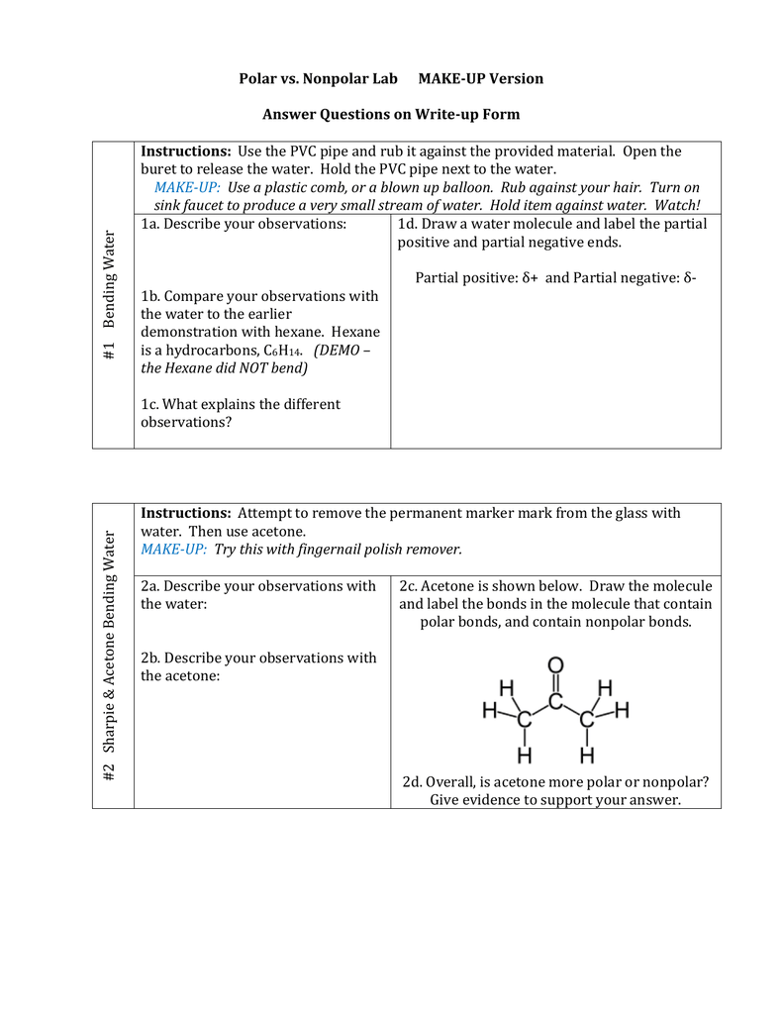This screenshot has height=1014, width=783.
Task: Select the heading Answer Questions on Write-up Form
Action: coord(391,114)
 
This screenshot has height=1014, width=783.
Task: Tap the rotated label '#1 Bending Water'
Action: coord(110,295)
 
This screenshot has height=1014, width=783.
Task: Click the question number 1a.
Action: coord(150,224)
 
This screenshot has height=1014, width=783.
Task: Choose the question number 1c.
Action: coord(150,404)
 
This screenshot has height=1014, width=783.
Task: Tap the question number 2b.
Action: coord(150,658)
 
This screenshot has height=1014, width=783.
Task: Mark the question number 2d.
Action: coord(413,781)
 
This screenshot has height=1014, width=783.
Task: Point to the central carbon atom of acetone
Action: coord(555,701)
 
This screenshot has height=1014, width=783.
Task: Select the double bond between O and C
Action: coord(555,683)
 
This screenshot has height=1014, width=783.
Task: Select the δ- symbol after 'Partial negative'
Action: coord(689,277)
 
